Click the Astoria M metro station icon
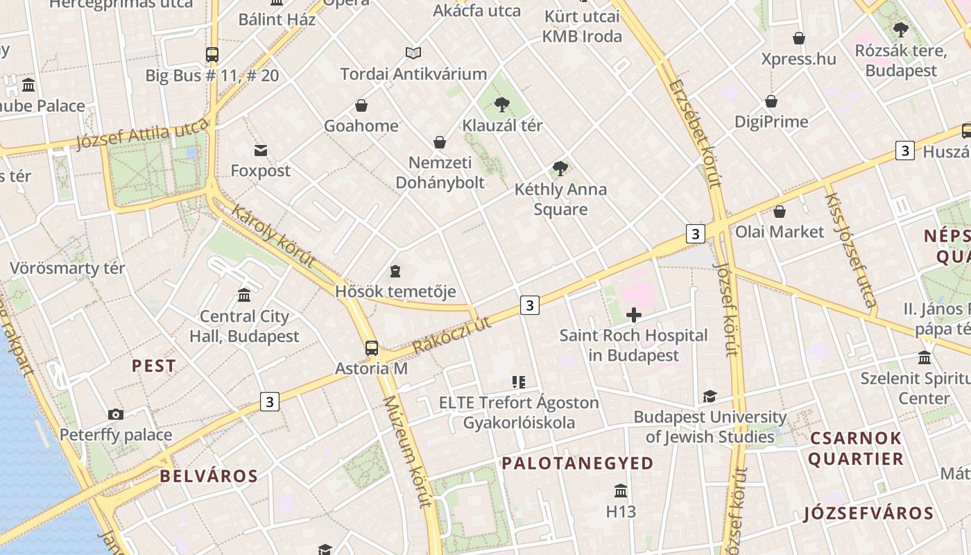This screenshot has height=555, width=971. pyautogui.click(x=372, y=348)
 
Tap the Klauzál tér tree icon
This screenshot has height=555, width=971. pyautogui.click(x=502, y=105)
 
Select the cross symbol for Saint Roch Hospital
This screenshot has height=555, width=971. pyautogui.click(x=633, y=315)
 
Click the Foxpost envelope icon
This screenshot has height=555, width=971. pyautogui.click(x=261, y=150)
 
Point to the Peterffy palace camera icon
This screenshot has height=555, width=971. pyautogui.click(x=116, y=415)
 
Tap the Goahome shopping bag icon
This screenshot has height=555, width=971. pyautogui.click(x=361, y=105)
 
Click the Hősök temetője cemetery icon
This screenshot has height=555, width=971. pyautogui.click(x=395, y=271)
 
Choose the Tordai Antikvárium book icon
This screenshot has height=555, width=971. pyautogui.click(x=413, y=53)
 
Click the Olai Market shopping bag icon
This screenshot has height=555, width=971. pyautogui.click(x=780, y=212)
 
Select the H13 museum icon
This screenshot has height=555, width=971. pyautogui.click(x=621, y=491)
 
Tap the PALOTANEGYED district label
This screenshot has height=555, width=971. pyautogui.click(x=578, y=463)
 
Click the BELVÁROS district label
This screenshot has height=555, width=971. pyautogui.click(x=209, y=476)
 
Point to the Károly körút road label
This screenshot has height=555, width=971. pyautogui.click(x=273, y=236)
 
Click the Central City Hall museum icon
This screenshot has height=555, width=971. pyautogui.click(x=244, y=296)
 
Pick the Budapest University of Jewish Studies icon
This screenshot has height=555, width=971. pyautogui.click(x=710, y=396)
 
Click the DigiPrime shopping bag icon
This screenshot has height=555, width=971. pyautogui.click(x=771, y=102)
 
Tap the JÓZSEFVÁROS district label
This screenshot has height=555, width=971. pyautogui.click(x=869, y=513)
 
